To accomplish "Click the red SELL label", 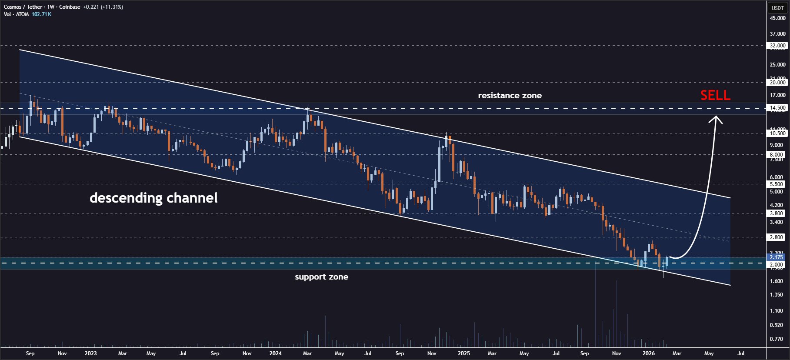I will (715, 95).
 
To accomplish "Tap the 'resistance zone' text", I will (510, 96).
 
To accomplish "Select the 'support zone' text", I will (321, 277).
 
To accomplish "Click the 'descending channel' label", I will (153, 198).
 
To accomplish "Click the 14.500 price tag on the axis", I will (777, 108).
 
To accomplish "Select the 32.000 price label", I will (777, 45).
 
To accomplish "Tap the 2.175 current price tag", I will (777, 257).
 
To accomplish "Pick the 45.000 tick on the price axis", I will (777, 18).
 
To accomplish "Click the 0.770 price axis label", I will (777, 339).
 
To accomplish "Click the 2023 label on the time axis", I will (90, 353).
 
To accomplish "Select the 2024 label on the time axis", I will (275, 353).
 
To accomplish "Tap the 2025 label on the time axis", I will (463, 353).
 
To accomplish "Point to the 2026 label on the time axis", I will (648, 353).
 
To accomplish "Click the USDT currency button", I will (777, 8).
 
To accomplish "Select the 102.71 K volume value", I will (41, 14).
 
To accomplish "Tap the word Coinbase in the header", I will (70, 7).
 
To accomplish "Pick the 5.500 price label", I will (777, 184).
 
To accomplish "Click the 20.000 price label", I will (777, 82).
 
